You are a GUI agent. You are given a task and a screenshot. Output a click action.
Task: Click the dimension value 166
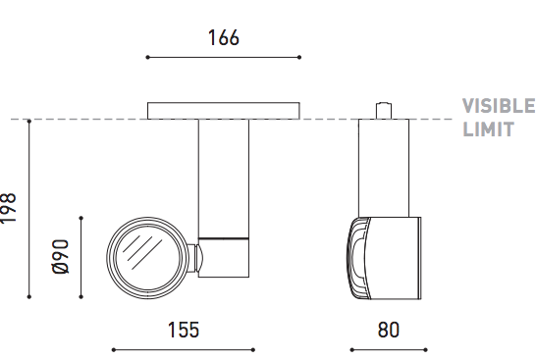pyautogui.click(x=224, y=37)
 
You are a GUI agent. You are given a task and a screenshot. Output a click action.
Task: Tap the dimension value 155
pyautogui.click(x=184, y=330)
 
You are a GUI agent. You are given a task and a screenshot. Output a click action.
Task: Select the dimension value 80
pyautogui.click(x=389, y=330)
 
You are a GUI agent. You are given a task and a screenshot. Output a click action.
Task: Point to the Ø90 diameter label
pyautogui.click(x=61, y=256)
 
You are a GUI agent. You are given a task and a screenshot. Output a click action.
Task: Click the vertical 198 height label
pyautogui.click(x=8, y=208)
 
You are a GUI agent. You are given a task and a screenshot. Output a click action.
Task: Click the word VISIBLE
pyautogui.click(x=499, y=106)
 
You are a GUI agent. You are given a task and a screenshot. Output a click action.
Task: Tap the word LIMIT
pyautogui.click(x=488, y=129)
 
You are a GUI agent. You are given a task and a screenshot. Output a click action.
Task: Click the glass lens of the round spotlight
pyautogui.click(x=147, y=258)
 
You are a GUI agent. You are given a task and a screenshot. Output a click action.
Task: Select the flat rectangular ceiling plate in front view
pyautogui.click(x=224, y=111)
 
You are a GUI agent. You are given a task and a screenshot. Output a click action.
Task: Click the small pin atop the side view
pyautogui.click(x=384, y=110)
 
